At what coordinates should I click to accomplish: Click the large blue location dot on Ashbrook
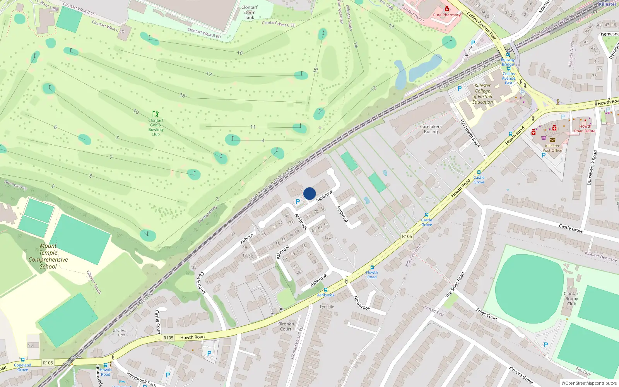[309, 193]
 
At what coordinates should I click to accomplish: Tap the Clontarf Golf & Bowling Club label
[156, 127]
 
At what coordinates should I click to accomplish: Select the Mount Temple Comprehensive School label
[48, 256]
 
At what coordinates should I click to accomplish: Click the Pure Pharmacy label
[447, 15]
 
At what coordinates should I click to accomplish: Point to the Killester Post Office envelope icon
[552, 140]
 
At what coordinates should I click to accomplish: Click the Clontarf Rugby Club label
[571, 298]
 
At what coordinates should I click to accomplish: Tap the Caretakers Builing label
[431, 129]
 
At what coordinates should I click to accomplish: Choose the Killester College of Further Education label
[482, 94]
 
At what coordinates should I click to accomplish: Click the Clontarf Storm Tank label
[250, 12]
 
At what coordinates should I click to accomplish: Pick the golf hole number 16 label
[240, 53]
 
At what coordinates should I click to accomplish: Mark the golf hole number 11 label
[253, 127]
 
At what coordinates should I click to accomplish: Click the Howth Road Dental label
[585, 129]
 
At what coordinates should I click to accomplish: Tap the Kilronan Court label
[286, 327]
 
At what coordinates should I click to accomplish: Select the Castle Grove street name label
[571, 228]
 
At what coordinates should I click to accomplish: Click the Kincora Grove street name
[521, 375]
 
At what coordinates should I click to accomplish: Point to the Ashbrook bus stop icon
[326, 290]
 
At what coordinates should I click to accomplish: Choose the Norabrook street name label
[362, 303]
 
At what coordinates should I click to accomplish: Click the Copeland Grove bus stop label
[22, 367]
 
